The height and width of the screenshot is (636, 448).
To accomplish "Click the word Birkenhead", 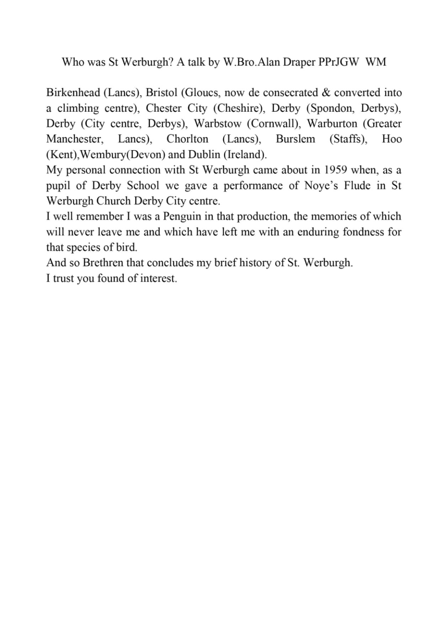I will point(73,92).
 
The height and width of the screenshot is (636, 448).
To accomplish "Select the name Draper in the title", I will point(299,62).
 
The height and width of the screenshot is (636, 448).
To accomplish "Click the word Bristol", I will point(161,92).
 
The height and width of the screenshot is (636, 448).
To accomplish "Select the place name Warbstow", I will point(217,123).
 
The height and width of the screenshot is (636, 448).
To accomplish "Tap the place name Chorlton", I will point(187,139).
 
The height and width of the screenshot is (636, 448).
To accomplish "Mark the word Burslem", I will point(295,139).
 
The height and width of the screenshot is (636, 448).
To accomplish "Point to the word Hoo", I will point(392,139).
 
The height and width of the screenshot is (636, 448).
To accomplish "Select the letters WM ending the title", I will point(376,62).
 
